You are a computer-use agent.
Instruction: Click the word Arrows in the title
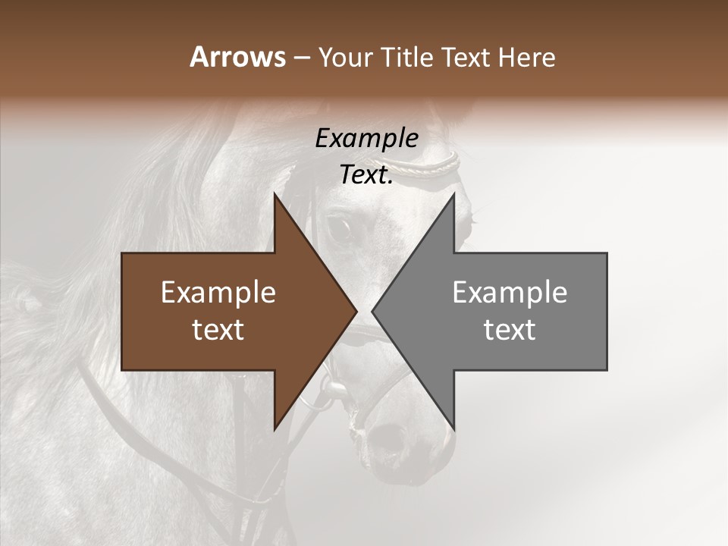click(x=237, y=57)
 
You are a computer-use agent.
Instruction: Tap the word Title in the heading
click(x=406, y=57)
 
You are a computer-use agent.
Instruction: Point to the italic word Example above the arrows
click(x=366, y=138)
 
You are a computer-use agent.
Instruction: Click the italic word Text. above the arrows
click(x=366, y=174)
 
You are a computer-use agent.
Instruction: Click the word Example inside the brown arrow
click(x=218, y=293)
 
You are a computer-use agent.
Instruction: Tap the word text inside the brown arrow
click(x=218, y=330)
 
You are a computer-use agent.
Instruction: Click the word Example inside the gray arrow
click(x=510, y=293)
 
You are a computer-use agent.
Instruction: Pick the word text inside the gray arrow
click(x=510, y=330)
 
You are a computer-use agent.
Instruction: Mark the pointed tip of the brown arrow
click(x=355, y=311)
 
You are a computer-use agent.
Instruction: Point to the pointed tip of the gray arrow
click(x=374, y=311)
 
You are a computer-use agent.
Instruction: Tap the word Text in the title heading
click(x=465, y=57)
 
